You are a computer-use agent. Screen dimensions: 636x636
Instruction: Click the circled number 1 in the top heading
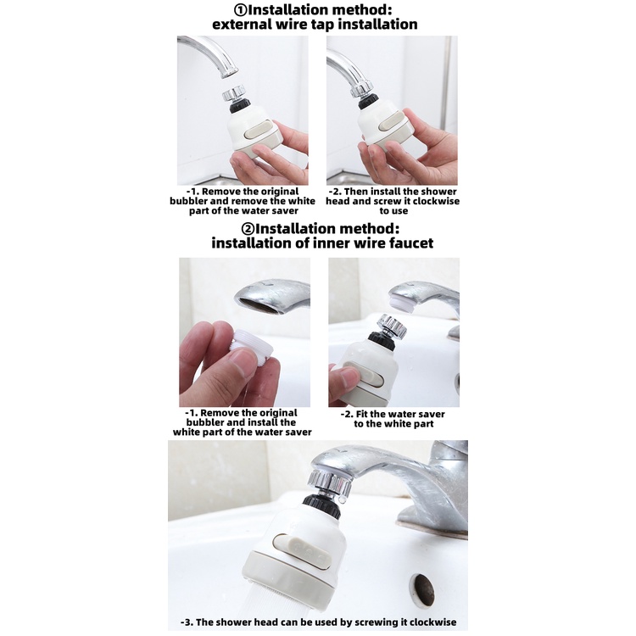pos(241,9)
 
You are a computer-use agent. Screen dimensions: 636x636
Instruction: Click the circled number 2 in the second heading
pos(248,229)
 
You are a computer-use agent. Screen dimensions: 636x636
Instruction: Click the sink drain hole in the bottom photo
pos(425,589)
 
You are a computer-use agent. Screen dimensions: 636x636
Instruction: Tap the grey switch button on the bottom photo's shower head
pos(302,551)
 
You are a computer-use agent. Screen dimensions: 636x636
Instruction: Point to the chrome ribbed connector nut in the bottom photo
pos(328,484)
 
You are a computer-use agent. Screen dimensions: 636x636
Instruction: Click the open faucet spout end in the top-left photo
pos(229,74)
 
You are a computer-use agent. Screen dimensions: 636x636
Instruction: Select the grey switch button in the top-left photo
pos(259,129)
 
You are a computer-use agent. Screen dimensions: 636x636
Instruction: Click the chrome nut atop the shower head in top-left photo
pos(234,93)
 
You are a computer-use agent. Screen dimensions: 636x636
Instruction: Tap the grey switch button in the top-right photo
pos(392,121)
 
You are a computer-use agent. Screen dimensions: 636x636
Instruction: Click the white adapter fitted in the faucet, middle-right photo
pos(402,303)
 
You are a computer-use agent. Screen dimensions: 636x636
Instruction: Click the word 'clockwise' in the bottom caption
pos(432,622)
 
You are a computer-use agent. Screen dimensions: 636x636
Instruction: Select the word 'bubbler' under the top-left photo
pos(187,201)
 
